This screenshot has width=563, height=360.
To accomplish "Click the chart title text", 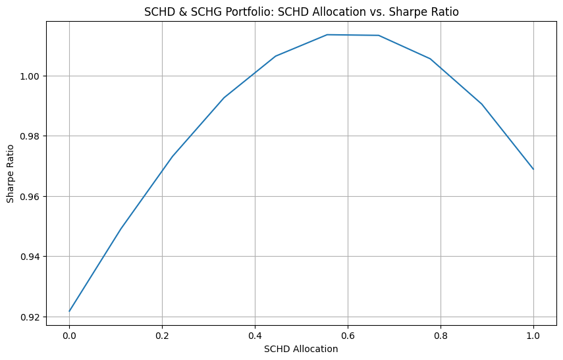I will coord(301,11).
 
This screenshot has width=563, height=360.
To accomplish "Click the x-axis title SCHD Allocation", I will coord(301,349).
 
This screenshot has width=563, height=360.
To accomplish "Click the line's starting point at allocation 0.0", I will coord(69,311).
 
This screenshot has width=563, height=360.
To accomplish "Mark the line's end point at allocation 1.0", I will coord(533,169).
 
